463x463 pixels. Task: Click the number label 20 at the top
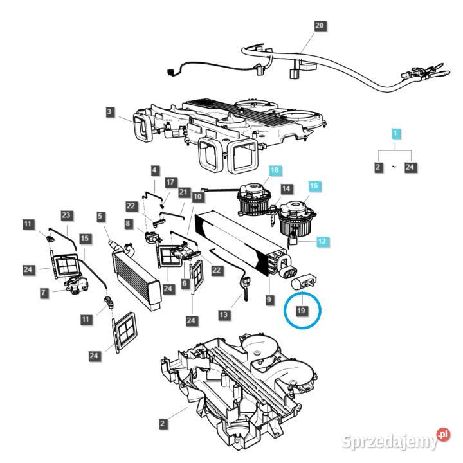pos(320,26)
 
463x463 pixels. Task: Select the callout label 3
pos(110,113)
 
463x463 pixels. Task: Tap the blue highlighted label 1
pos(397,134)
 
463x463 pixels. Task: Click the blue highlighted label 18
pos(275,170)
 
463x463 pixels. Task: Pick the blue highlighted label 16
pos(314,186)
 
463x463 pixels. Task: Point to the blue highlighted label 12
pos(322,241)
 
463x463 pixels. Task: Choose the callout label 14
pos(287,189)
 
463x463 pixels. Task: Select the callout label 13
pos(224,314)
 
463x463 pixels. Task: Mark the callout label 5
pos(100,217)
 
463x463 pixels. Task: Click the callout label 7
pos(44,293)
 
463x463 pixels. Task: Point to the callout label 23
pos(66,215)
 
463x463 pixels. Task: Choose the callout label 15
pos(84,238)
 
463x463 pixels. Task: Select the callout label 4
pos(154,170)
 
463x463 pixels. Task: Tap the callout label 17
pos(170,183)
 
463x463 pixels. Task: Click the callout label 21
pos(183,192)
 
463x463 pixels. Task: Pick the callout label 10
pos(197,195)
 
